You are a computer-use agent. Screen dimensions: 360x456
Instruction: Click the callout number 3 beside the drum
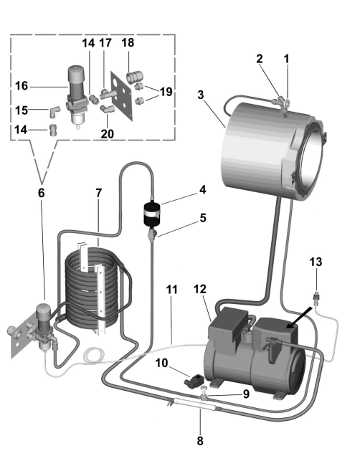coord(201,95)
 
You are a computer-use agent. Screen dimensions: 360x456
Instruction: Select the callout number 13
coord(316,262)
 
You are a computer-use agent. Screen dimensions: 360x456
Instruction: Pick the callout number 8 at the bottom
coord(200,441)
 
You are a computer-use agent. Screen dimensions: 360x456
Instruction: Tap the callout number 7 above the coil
coord(99,193)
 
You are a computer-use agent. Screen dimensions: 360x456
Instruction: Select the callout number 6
coord(42,193)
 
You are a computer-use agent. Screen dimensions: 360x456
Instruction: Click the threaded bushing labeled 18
coord(134,77)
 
